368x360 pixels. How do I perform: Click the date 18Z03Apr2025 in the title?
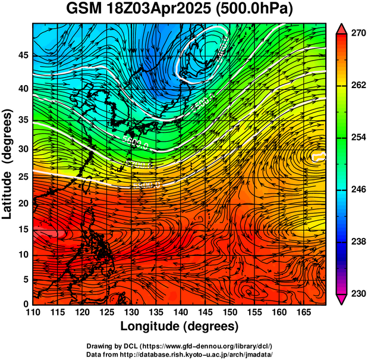(164, 10)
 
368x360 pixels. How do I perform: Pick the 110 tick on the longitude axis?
(33, 312)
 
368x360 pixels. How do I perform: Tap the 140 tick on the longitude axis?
(180, 312)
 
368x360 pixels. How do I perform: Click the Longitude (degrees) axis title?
(180, 326)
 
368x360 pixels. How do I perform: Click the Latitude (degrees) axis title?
(8, 164)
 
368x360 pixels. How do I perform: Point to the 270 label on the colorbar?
(358, 34)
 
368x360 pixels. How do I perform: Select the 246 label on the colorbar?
(358, 190)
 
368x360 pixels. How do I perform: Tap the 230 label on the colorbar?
(358, 293)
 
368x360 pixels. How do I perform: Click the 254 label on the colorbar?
(358, 137)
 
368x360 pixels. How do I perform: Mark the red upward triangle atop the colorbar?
(341, 28)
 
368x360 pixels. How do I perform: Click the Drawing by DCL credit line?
(180, 346)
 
